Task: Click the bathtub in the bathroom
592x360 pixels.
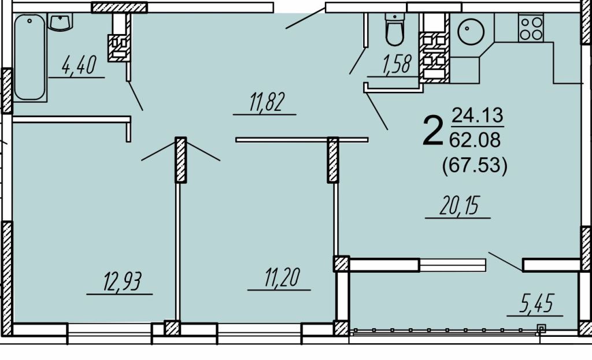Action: coord(30,57)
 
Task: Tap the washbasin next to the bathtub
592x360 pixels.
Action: coord(60,23)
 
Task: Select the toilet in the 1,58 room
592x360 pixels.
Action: coord(394,29)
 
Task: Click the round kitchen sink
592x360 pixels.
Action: coord(471,31)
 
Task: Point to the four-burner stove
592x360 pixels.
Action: coord(531,28)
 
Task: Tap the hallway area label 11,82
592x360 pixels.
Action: coord(266,102)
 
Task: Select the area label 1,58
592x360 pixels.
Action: coord(396,64)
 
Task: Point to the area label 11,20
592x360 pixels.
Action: coord(282,277)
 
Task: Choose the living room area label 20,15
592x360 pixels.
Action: coord(459,206)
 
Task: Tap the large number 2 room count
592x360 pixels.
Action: coord(432,131)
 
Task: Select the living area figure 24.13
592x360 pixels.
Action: coord(478,115)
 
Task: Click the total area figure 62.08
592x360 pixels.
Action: coord(475,140)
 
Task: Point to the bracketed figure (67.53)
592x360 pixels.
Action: coord(475,165)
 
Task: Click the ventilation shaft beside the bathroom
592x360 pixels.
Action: coord(119,47)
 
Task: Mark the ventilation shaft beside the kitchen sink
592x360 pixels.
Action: coord(434,57)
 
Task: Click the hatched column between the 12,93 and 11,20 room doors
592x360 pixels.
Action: coord(181,159)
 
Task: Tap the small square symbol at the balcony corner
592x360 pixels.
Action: coord(541,328)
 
